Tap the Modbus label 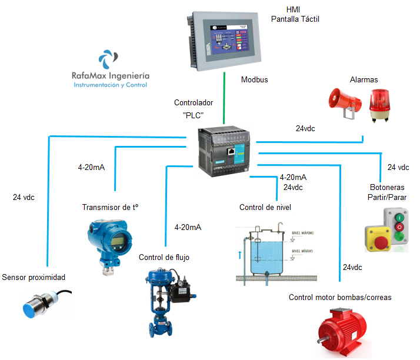255,79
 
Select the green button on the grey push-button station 401,237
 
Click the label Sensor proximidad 34,277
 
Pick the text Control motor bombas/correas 340,297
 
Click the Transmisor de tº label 114,207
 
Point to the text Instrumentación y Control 110,85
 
